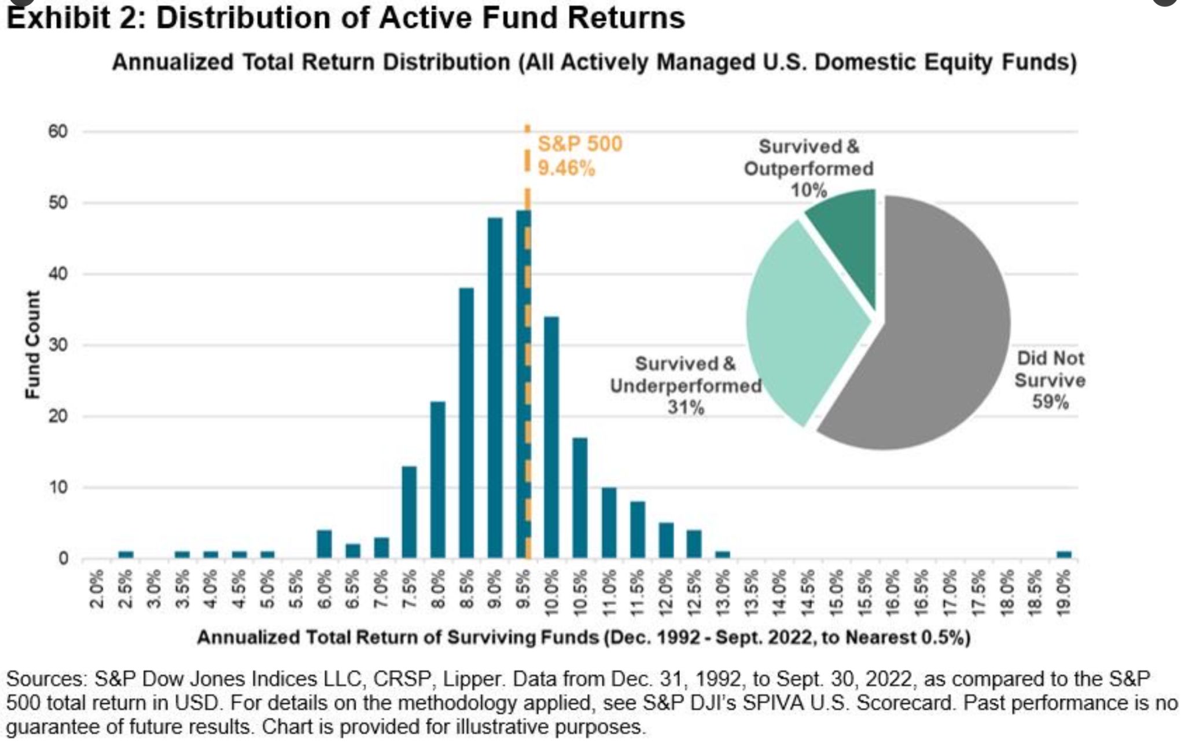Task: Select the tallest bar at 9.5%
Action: (x=523, y=382)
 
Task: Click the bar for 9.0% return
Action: (x=495, y=388)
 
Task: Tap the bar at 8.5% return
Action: (x=466, y=423)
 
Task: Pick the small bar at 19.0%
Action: (x=1063, y=555)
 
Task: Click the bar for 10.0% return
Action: (x=551, y=437)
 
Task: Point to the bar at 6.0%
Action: (x=324, y=544)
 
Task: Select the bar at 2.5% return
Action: (x=126, y=555)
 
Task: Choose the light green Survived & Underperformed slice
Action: (x=798, y=324)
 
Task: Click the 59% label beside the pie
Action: (x=1050, y=402)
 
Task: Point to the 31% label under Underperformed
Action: (x=686, y=408)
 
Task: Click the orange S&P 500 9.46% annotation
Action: (x=579, y=156)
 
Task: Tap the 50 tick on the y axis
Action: (x=58, y=203)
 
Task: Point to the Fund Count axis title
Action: (x=33, y=344)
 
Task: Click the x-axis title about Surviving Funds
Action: (x=583, y=637)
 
